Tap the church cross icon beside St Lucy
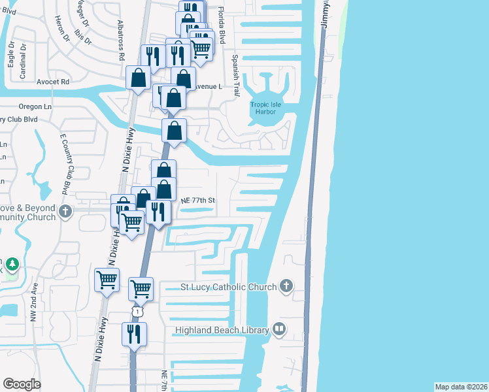click(286, 286)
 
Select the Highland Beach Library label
click(222, 330)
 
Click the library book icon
click(279, 329)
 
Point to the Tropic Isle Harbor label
click(262, 108)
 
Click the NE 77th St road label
click(198, 201)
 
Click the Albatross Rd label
click(121, 39)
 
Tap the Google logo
click(22, 384)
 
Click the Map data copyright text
click(461, 386)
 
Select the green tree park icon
click(13, 265)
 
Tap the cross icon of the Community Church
click(65, 211)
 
